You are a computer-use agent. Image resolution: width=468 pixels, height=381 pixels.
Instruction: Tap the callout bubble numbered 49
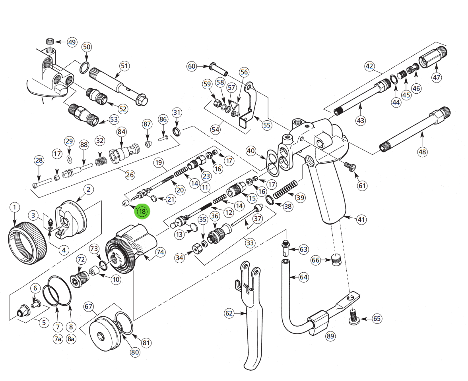(x=72, y=42)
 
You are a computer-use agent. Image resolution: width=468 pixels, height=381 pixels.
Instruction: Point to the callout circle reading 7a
(x=58, y=339)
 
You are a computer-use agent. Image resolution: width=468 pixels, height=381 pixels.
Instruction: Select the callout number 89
(x=330, y=336)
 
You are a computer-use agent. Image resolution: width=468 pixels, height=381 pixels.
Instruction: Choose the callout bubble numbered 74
(x=160, y=252)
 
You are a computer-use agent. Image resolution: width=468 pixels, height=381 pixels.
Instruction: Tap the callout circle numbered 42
(x=370, y=66)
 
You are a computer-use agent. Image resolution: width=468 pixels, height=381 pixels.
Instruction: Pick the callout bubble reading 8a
(x=71, y=339)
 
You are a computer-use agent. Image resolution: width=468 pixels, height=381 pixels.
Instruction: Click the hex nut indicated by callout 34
(x=196, y=249)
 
